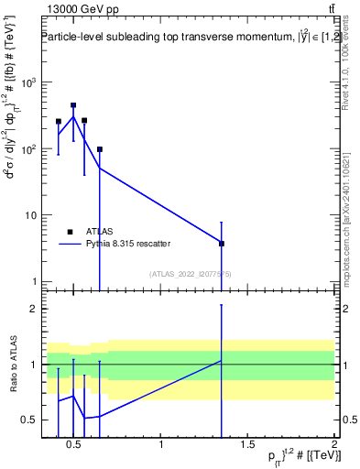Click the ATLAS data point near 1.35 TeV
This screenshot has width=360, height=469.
pyautogui.click(x=221, y=243)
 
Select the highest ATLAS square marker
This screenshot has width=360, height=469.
pyautogui.click(x=73, y=105)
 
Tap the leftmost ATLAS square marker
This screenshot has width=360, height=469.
pyautogui.click(x=59, y=121)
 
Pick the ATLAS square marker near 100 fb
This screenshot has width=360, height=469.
pyautogui.click(x=99, y=149)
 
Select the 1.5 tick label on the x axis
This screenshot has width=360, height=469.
pyautogui.click(x=247, y=446)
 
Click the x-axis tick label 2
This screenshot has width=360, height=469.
pyautogui.click(x=334, y=446)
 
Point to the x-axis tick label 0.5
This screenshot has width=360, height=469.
pyautogui.click(x=73, y=446)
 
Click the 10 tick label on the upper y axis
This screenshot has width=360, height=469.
pyautogui.click(x=29, y=215)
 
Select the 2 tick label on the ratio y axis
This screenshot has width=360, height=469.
pyautogui.click(x=32, y=309)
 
